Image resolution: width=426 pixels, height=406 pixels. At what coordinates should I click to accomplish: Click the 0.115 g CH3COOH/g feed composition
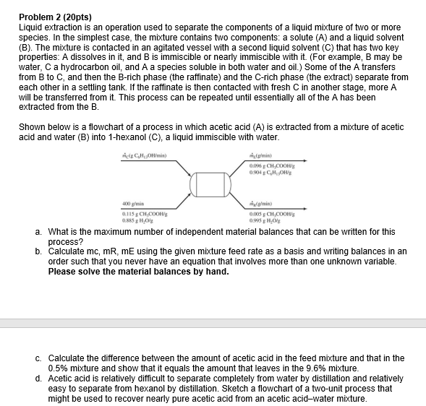[x=142, y=214]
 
